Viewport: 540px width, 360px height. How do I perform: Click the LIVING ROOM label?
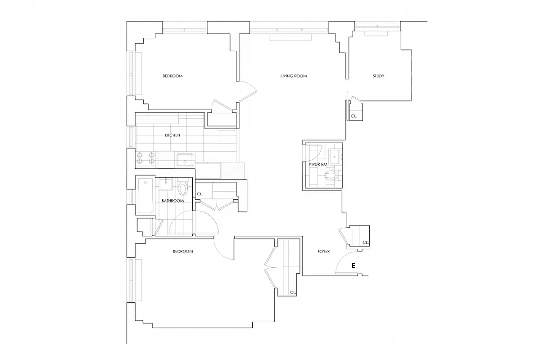click(293, 76)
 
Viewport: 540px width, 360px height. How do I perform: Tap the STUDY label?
click(378, 76)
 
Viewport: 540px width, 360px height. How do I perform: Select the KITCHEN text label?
click(172, 135)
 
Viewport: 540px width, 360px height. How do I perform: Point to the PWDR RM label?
click(317, 165)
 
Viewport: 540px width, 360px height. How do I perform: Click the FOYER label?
click(322, 252)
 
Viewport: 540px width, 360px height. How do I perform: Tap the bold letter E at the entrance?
click(354, 266)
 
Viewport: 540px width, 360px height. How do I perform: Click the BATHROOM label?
click(172, 201)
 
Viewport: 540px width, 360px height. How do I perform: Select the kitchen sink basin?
click(185, 159)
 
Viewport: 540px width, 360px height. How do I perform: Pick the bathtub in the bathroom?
click(145, 196)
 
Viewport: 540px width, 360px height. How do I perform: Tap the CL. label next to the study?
click(354, 116)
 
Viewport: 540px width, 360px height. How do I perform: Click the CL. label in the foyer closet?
click(365, 243)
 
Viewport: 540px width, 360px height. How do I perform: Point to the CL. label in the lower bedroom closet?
click(293, 292)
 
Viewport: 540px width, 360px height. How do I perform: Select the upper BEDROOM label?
click(172, 76)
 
